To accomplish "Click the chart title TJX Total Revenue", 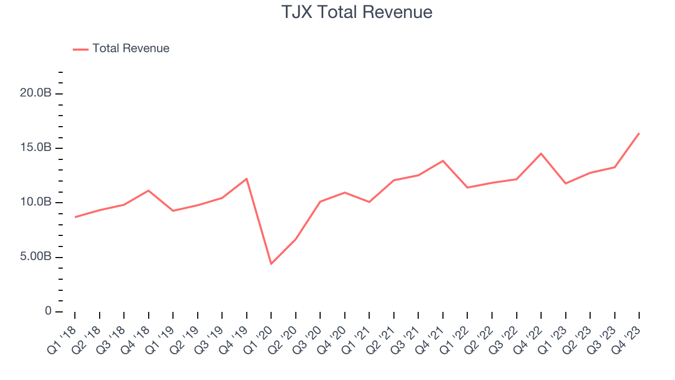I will [x=357, y=12].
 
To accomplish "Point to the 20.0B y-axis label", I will [x=35, y=93].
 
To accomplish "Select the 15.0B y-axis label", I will [x=35, y=148].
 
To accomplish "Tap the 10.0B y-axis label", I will [x=35, y=203].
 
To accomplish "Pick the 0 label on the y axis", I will [x=48, y=311].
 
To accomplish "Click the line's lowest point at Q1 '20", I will [x=271, y=264].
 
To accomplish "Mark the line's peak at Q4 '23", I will [x=639, y=133].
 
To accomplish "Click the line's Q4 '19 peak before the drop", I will [x=246, y=178].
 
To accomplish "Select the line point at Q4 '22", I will [x=541, y=154].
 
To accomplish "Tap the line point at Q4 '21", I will [x=443, y=160].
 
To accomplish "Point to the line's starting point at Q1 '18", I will [x=75, y=217].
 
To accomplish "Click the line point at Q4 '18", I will [x=148, y=190].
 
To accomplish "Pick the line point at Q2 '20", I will [x=295, y=239].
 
